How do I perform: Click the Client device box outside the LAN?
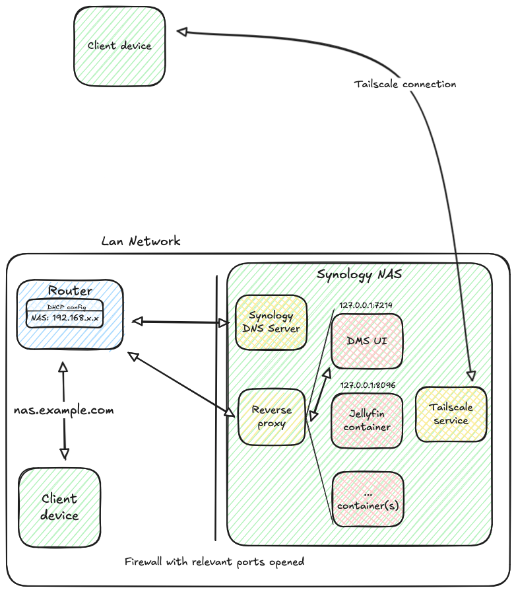coord(119,46)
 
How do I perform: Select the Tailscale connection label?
coord(404,85)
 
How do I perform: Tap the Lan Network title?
coord(141,241)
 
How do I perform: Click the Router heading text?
coord(70,291)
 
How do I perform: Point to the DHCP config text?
coord(65,307)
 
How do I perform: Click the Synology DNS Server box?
coord(271,322)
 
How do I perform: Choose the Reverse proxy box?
coord(271,417)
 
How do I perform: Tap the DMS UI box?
coord(366,341)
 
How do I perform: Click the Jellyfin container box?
coord(366,420)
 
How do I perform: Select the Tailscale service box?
coord(451,414)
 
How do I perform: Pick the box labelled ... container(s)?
coord(367,499)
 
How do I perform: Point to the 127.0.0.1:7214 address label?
coord(366,306)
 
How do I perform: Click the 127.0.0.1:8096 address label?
coord(366,385)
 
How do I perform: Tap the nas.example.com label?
coord(64,410)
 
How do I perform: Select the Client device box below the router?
coord(59,507)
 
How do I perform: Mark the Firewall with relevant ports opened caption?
coord(214,562)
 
